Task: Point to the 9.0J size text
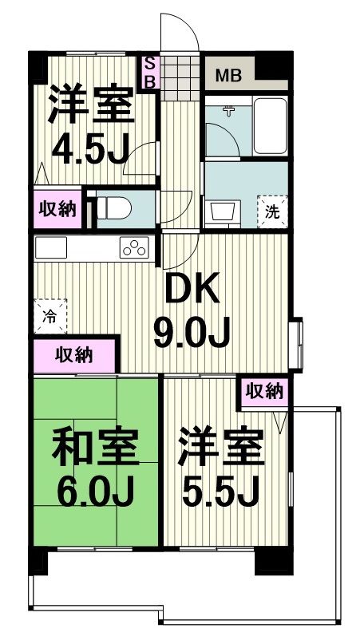192,333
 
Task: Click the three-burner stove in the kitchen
134,248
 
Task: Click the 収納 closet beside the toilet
57,209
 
